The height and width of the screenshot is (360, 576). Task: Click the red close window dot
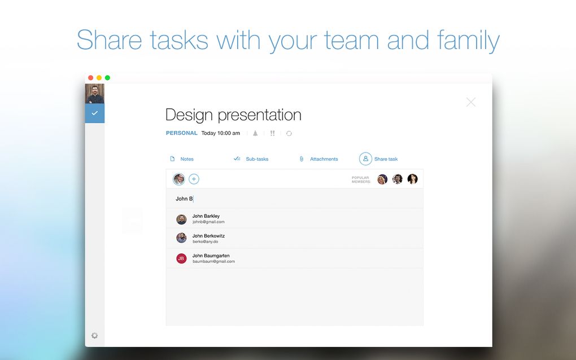(91, 78)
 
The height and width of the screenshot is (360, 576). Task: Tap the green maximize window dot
(108, 78)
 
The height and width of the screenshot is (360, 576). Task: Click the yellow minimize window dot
(99, 78)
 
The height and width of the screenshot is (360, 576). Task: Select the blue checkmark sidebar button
(95, 113)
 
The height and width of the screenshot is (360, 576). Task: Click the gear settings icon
(94, 335)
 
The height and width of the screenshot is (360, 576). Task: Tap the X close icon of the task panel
(471, 102)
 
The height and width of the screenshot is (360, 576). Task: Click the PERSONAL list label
(181, 133)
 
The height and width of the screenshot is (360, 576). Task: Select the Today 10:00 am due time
(220, 133)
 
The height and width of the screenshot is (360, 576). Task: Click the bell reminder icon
(255, 133)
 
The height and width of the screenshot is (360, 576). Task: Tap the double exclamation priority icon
(272, 133)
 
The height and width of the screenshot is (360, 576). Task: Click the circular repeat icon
(289, 134)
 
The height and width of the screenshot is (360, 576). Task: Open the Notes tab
(182, 159)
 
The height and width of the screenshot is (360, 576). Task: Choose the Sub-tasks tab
(251, 159)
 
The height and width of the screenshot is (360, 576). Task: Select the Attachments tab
(318, 159)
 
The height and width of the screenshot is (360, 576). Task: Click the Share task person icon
(365, 159)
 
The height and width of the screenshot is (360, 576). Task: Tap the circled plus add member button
(194, 179)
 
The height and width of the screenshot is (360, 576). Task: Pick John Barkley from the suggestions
(206, 216)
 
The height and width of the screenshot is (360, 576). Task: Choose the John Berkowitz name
(208, 236)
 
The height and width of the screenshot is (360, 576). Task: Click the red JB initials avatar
(181, 259)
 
